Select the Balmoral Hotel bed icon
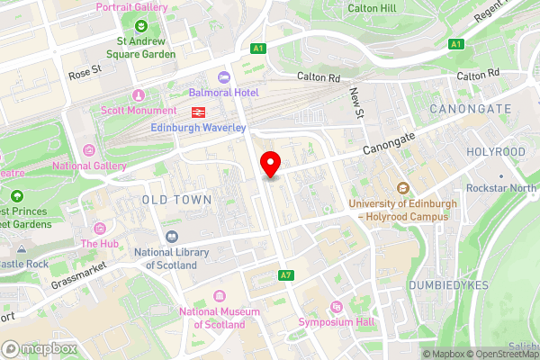click(x=224, y=77)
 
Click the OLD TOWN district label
click(x=176, y=198)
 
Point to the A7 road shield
click(x=286, y=274)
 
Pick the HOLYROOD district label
click(x=494, y=152)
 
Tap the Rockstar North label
click(x=501, y=188)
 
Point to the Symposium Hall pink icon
click(x=337, y=307)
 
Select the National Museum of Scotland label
click(x=212, y=318)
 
